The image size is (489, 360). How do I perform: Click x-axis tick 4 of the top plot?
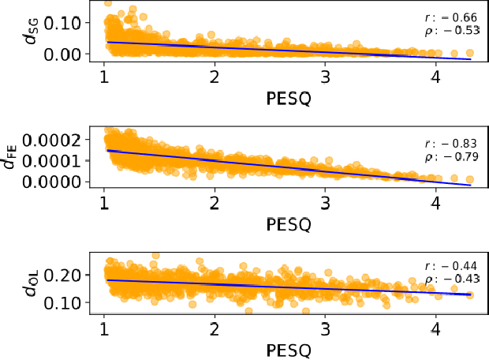(x=436, y=78)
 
